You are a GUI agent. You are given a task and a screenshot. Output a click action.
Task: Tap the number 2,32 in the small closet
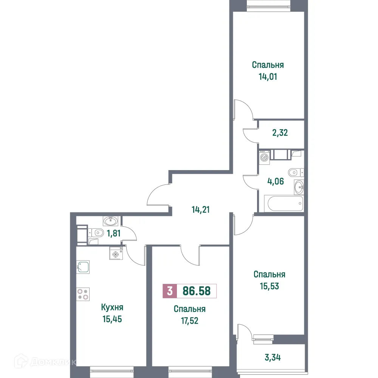(280, 133)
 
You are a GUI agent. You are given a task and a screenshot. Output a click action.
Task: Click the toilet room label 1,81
(113, 233)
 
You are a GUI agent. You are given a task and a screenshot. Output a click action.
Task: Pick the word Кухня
(112, 307)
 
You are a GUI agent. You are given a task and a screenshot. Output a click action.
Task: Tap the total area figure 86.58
(197, 291)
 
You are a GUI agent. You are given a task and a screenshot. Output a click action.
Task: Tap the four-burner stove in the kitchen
(83, 294)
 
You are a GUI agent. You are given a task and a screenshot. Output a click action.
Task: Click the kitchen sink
(83, 267)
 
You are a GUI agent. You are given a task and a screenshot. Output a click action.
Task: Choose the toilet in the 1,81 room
(97, 232)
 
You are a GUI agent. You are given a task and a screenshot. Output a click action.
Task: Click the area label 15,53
(270, 286)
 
